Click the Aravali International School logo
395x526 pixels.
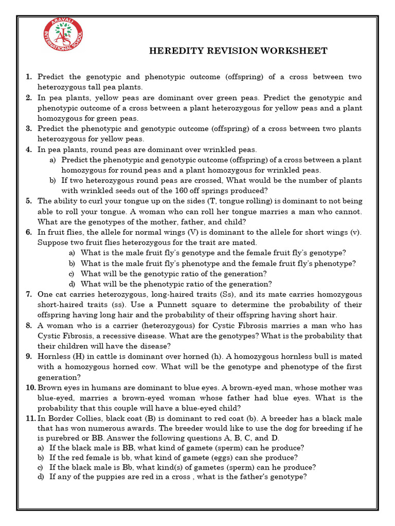point(63,40)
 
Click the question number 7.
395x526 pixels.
point(29,294)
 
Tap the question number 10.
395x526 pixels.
point(30,387)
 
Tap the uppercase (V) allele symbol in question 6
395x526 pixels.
point(193,232)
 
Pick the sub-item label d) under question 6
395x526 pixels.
point(71,284)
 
